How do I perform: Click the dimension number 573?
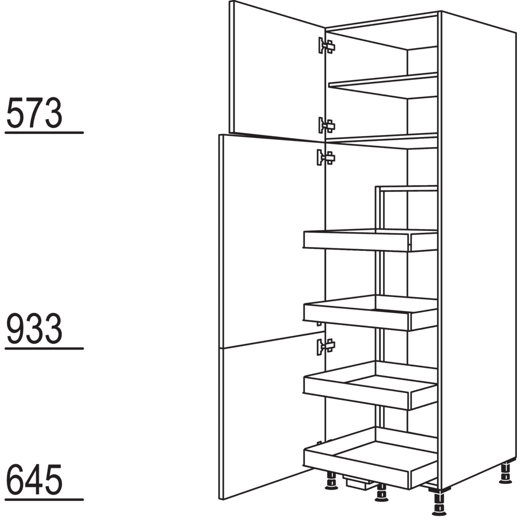pyautogui.click(x=34, y=113)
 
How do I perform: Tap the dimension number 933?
pyautogui.click(x=34, y=329)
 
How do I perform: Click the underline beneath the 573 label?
pyautogui.click(x=44, y=133)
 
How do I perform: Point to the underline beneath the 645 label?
pyautogui.click(x=44, y=499)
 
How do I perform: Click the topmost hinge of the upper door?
pyautogui.click(x=326, y=45)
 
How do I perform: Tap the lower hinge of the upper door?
pyautogui.click(x=326, y=125)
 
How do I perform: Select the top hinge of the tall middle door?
pyautogui.click(x=326, y=157)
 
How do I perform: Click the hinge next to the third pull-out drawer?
pyautogui.click(x=326, y=346)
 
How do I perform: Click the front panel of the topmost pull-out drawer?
pyautogui.click(x=356, y=241)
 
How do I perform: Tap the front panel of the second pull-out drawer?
pyautogui.click(x=357, y=316)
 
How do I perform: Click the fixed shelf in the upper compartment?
pyautogui.click(x=383, y=85)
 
